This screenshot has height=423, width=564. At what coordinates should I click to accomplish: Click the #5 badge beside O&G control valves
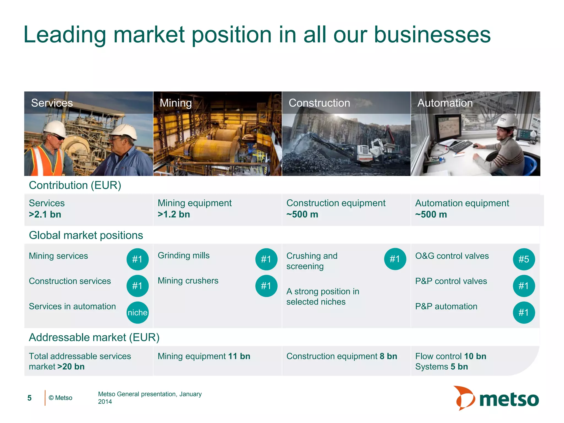click(x=524, y=259)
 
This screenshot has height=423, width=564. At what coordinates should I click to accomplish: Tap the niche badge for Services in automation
click(x=137, y=313)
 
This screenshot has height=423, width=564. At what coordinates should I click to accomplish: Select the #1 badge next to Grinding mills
click(x=266, y=259)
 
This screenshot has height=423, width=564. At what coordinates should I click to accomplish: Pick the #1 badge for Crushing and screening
click(x=395, y=259)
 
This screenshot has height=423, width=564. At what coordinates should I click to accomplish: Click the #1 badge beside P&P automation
click(x=524, y=313)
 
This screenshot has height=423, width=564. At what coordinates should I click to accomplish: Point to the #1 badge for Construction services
click(x=137, y=286)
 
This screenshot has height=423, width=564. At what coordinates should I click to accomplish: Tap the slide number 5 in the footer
click(x=29, y=398)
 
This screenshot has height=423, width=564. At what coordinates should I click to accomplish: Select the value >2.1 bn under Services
click(x=45, y=215)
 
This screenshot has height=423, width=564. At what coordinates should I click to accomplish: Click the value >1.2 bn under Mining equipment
click(x=174, y=215)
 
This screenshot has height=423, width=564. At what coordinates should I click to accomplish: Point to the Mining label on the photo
click(x=176, y=103)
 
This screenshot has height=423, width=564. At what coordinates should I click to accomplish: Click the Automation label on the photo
click(x=445, y=103)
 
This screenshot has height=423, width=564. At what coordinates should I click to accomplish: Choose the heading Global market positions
click(x=86, y=235)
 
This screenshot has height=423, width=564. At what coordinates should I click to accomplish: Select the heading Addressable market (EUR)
click(x=94, y=337)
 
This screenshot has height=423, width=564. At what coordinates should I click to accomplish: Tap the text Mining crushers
click(x=188, y=281)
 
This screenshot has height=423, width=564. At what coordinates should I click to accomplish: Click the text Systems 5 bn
click(x=441, y=367)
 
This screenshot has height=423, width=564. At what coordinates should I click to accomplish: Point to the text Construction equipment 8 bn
click(x=341, y=356)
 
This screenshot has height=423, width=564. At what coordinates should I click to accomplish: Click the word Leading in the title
click(x=65, y=35)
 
